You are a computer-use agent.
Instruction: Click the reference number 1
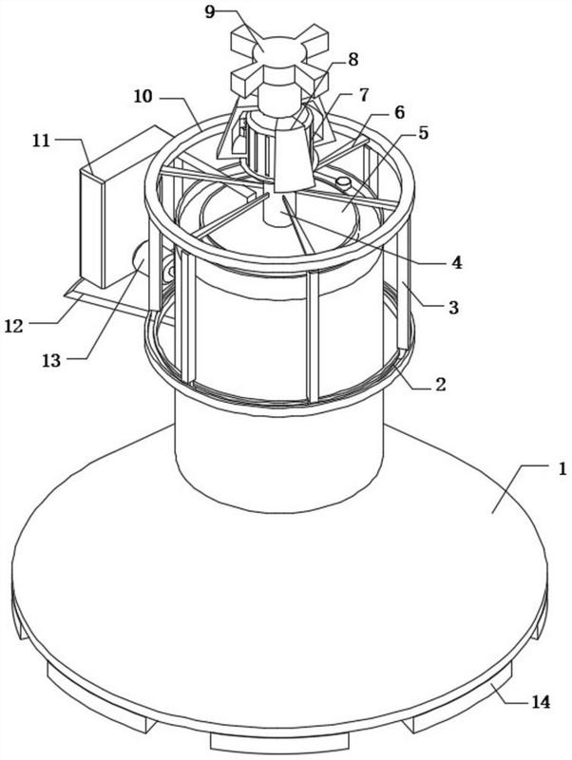(562, 469)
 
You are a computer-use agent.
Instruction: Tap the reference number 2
(441, 385)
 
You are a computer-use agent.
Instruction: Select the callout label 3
(453, 307)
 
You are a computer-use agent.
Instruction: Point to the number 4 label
(457, 263)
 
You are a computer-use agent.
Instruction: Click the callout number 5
(424, 133)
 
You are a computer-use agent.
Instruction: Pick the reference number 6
(399, 112)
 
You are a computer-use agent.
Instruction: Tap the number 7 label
(364, 94)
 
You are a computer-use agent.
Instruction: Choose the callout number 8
(353, 60)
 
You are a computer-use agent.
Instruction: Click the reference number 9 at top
(210, 11)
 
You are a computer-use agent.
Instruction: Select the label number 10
(143, 97)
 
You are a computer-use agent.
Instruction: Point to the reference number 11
(42, 141)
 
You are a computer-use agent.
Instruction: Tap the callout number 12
(14, 326)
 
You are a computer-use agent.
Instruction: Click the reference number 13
(51, 360)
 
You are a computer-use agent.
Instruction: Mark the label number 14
(540, 701)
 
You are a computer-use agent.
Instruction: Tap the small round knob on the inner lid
(344, 183)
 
